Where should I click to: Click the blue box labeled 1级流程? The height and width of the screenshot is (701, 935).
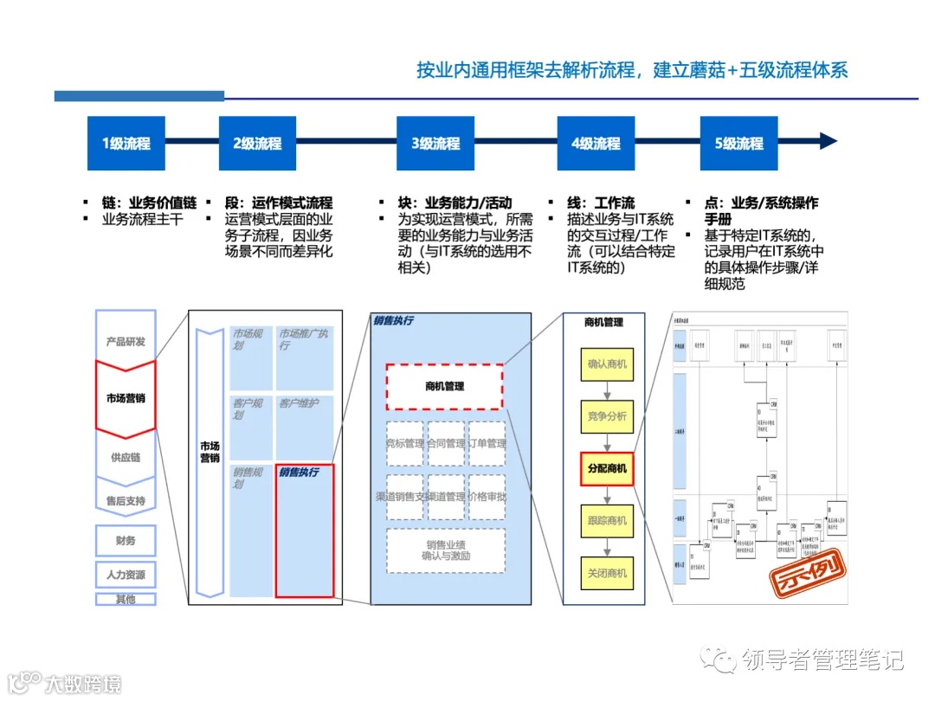126,143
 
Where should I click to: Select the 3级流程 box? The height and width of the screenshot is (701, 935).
435,143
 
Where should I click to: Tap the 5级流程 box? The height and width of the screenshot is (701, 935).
738,143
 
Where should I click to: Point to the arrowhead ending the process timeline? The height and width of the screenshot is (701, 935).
829,142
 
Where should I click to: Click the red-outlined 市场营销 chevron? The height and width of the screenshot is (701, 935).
126,399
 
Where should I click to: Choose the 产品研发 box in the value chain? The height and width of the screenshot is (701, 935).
126,341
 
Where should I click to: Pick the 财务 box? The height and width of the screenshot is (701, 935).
126,541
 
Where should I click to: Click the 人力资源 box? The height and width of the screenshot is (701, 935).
126,575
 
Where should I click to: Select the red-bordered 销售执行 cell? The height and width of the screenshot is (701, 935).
304,530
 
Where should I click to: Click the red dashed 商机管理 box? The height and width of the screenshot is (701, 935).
444,386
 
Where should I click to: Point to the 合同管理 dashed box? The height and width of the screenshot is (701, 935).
445,444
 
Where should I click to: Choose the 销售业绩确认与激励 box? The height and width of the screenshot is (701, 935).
445,550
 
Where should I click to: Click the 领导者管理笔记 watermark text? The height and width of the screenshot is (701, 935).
822,660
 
